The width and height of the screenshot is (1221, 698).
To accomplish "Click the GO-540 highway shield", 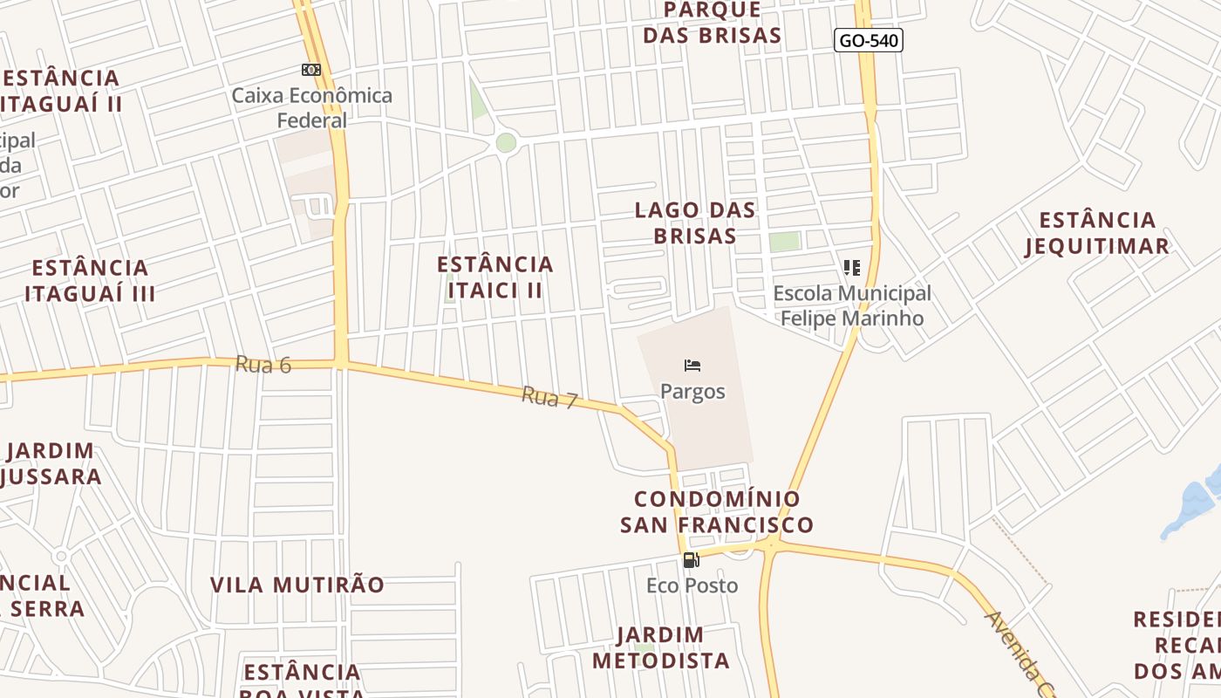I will [868, 40].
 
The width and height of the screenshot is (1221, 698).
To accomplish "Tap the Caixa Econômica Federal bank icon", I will [311, 70].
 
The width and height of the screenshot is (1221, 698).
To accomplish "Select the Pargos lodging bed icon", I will [692, 366].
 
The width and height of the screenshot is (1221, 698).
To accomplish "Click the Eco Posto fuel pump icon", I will [691, 560].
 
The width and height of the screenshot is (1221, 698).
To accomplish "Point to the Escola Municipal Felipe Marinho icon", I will [852, 268].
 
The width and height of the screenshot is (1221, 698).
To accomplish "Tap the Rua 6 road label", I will [263, 364].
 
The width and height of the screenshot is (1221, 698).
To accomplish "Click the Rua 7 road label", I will [549, 399].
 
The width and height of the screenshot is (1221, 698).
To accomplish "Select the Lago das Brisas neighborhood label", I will [695, 222].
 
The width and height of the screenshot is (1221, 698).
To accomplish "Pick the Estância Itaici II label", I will [495, 277].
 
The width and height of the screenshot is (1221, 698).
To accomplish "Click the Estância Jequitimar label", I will [1097, 233].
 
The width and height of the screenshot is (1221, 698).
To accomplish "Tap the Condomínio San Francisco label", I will [717, 512].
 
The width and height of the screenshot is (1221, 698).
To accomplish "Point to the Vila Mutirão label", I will [297, 585].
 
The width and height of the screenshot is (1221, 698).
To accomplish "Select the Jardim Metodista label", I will [661, 647].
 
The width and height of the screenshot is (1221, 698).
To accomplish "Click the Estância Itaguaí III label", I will [90, 280].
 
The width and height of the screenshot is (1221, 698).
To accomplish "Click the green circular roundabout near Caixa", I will [506, 142].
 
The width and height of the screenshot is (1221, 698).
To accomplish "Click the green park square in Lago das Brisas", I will [784, 242].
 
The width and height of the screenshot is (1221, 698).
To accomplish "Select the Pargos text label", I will [692, 391].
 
